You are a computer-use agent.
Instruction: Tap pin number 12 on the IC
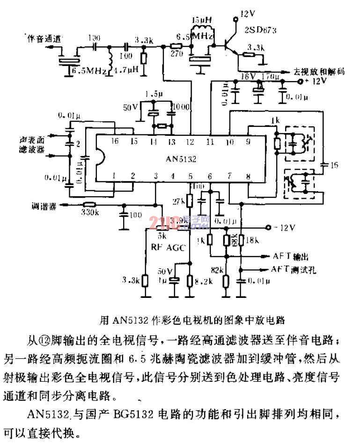(x=190, y=141)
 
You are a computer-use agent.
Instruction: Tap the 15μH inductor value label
(x=202, y=20)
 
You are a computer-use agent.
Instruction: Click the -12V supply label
(x=285, y=228)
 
